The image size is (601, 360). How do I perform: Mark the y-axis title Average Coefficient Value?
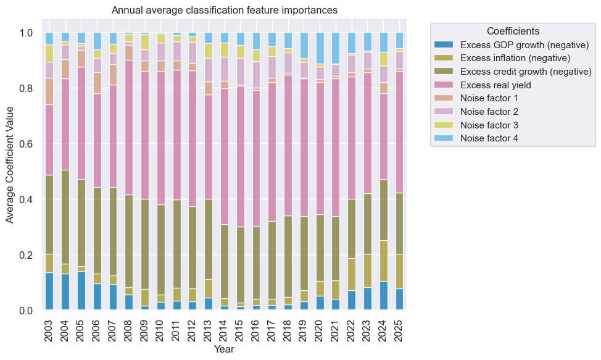pos(10,172)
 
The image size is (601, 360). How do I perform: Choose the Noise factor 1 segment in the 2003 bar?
pos(49,91)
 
